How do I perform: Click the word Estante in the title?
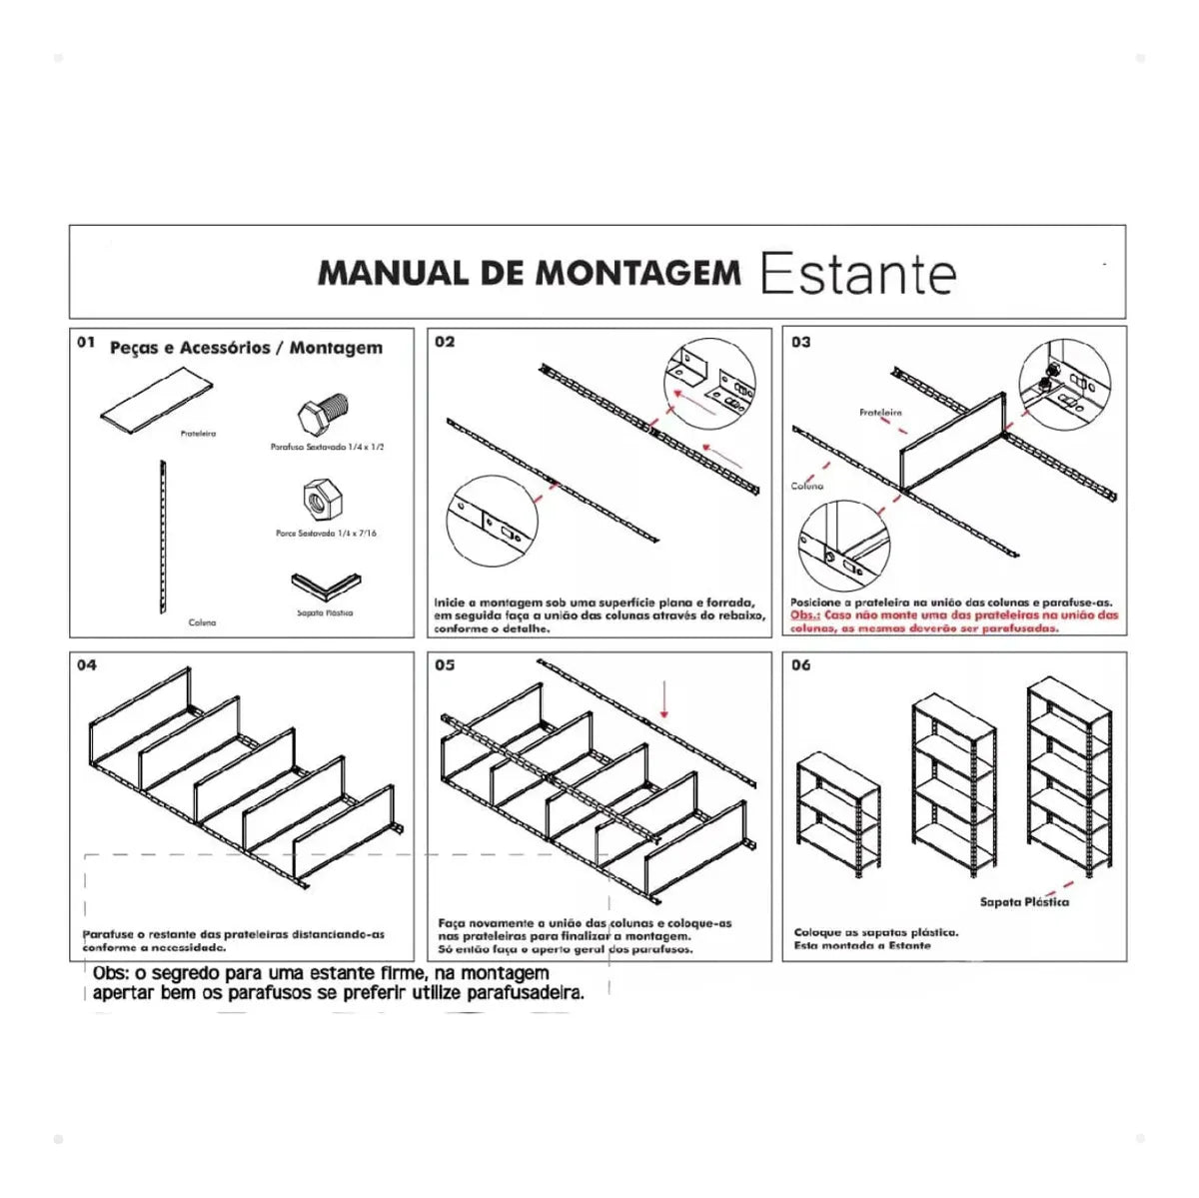(x=857, y=274)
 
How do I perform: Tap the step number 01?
(x=86, y=343)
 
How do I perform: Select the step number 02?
(x=445, y=342)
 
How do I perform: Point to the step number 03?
(x=800, y=342)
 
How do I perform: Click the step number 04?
(x=87, y=665)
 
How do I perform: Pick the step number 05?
(x=445, y=665)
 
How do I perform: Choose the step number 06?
(x=800, y=665)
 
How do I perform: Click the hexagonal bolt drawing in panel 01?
(x=326, y=414)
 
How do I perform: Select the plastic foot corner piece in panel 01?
(x=326, y=586)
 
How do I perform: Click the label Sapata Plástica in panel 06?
(x=1023, y=902)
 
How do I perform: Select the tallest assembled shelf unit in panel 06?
(x=1070, y=776)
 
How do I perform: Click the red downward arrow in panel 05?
(x=663, y=700)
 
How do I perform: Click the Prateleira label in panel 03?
(x=880, y=412)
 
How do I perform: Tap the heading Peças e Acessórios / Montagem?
(x=246, y=348)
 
